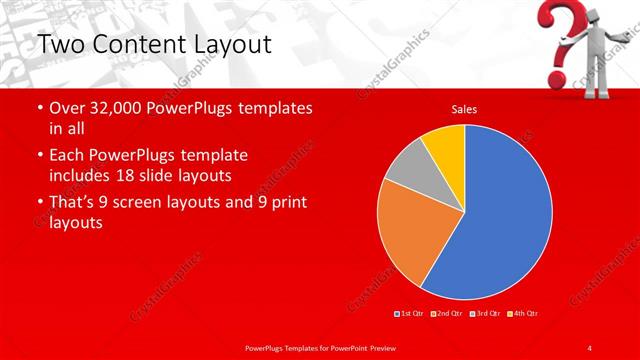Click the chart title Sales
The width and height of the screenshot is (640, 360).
click(463, 108)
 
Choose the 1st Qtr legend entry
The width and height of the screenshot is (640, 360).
click(410, 313)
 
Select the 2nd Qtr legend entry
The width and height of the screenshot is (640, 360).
click(447, 313)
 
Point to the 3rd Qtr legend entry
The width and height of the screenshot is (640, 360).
click(485, 313)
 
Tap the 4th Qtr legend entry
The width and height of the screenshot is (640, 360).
click(523, 313)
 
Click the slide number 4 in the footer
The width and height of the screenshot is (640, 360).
click(590, 346)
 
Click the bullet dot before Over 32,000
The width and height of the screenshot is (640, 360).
click(38, 108)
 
